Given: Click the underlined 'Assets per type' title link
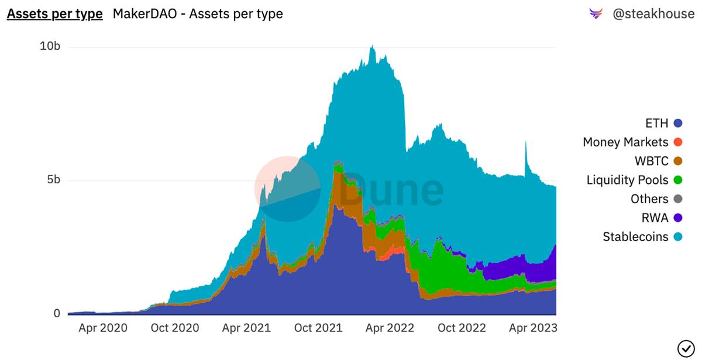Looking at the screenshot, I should [54, 13].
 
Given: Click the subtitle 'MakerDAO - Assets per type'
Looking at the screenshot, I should [198, 13].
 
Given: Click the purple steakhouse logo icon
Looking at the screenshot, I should [596, 13].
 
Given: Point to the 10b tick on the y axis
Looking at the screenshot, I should [50, 46].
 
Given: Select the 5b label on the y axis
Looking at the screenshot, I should [53, 180].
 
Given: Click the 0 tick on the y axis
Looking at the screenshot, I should [57, 314].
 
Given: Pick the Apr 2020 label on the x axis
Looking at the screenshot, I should [102, 328].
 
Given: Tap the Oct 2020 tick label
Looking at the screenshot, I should [175, 328].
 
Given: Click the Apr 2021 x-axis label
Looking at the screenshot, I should [246, 328].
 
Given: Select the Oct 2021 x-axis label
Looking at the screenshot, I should [318, 328].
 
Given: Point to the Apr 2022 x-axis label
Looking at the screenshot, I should [390, 328].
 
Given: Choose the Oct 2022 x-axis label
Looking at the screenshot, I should [462, 328].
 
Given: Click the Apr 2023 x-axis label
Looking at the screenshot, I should [533, 328].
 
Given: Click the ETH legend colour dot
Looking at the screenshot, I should [678, 124].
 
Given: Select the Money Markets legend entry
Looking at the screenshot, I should [625, 142].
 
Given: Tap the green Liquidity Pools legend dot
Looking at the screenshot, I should [678, 180].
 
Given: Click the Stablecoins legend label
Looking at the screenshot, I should [635, 237].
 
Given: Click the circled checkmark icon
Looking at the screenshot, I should [685, 348].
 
